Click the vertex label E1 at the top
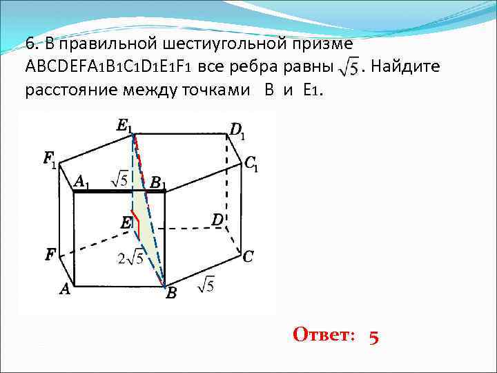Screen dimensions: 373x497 click(x=125, y=126)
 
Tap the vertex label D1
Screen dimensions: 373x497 click(x=237, y=130)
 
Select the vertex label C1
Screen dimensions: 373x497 click(x=251, y=165)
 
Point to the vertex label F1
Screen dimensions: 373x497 click(x=50, y=160)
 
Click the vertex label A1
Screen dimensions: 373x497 click(x=82, y=182)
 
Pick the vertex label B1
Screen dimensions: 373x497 click(x=157, y=183)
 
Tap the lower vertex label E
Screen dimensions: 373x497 click(x=126, y=223)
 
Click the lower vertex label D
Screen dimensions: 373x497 click(x=217, y=220)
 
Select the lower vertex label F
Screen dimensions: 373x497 click(x=50, y=255)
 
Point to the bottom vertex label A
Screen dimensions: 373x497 click(x=64, y=291)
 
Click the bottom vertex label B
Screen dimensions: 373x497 click(x=171, y=294)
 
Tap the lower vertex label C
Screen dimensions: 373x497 click(x=248, y=257)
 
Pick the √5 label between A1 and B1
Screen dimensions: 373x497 click(x=119, y=180)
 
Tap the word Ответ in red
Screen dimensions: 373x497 click(x=323, y=336)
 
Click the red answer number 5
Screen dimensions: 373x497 click(x=373, y=336)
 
